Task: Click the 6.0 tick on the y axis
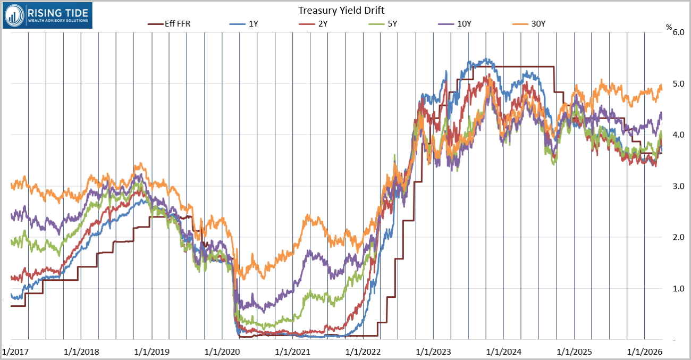pyautogui.click(x=678, y=32)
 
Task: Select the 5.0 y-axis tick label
pyautogui.click(x=678, y=83)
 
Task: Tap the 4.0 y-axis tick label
pyautogui.click(x=678, y=135)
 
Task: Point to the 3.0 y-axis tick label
pyautogui.click(x=678, y=186)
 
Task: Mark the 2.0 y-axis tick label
pyautogui.click(x=678, y=237)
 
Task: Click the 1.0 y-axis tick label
pyautogui.click(x=678, y=289)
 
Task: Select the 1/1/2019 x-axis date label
pyautogui.click(x=152, y=351)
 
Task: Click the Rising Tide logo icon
pyautogui.click(x=15, y=15)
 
